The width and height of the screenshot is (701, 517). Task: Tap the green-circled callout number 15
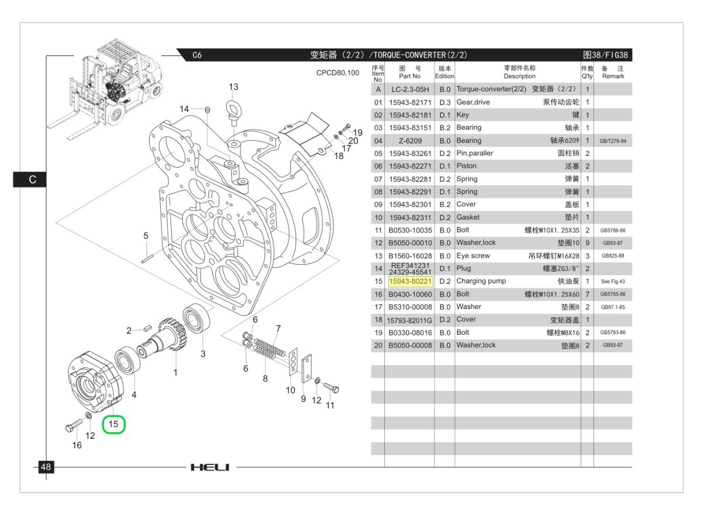point(114,424)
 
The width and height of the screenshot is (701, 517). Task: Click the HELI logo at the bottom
point(210,467)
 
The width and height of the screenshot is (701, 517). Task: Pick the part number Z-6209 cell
point(409,141)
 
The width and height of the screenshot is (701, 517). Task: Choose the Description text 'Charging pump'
point(481,281)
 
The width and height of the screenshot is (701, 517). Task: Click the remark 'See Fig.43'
point(613,282)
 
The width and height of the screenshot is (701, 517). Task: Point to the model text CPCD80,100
point(338,73)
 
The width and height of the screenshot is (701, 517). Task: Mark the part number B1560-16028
point(410,256)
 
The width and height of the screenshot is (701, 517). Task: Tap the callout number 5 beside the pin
point(146,236)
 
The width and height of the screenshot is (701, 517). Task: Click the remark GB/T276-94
point(613,141)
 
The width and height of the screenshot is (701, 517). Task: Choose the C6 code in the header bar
point(197,55)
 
